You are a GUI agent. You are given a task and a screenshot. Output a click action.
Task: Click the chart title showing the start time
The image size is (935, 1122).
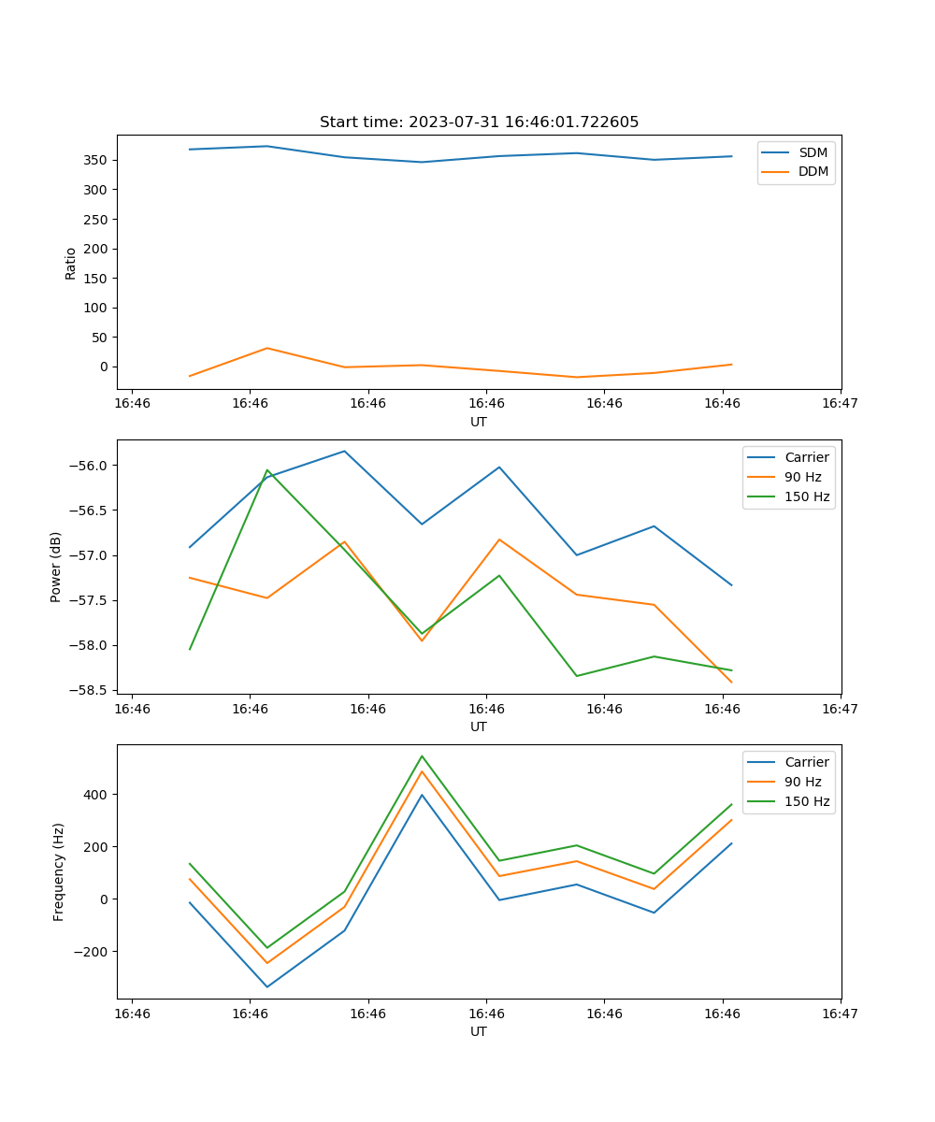point(479,122)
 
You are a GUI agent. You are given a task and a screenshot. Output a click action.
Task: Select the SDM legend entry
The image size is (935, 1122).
point(813,152)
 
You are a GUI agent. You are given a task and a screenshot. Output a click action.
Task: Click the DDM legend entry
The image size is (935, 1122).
point(813,172)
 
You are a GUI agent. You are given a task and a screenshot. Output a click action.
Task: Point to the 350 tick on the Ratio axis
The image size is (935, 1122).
point(98,160)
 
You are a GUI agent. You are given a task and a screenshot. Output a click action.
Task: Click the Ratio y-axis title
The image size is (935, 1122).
point(71,263)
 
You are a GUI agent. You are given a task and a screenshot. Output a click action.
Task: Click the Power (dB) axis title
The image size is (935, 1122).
point(56,567)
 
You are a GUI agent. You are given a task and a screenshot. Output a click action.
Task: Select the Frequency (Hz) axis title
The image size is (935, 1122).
point(59,871)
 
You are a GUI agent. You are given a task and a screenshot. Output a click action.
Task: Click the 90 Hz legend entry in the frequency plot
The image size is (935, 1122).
point(802,782)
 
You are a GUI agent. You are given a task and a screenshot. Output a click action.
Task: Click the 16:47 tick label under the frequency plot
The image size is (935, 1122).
point(841,1014)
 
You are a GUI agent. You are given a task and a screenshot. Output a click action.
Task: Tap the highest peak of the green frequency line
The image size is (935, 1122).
point(422,755)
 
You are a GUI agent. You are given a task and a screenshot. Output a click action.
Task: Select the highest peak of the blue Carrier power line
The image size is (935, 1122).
point(344,451)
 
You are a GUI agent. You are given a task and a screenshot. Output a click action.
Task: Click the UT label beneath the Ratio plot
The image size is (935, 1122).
point(479,422)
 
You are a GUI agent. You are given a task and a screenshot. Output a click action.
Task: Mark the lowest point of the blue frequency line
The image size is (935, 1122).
point(267,986)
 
